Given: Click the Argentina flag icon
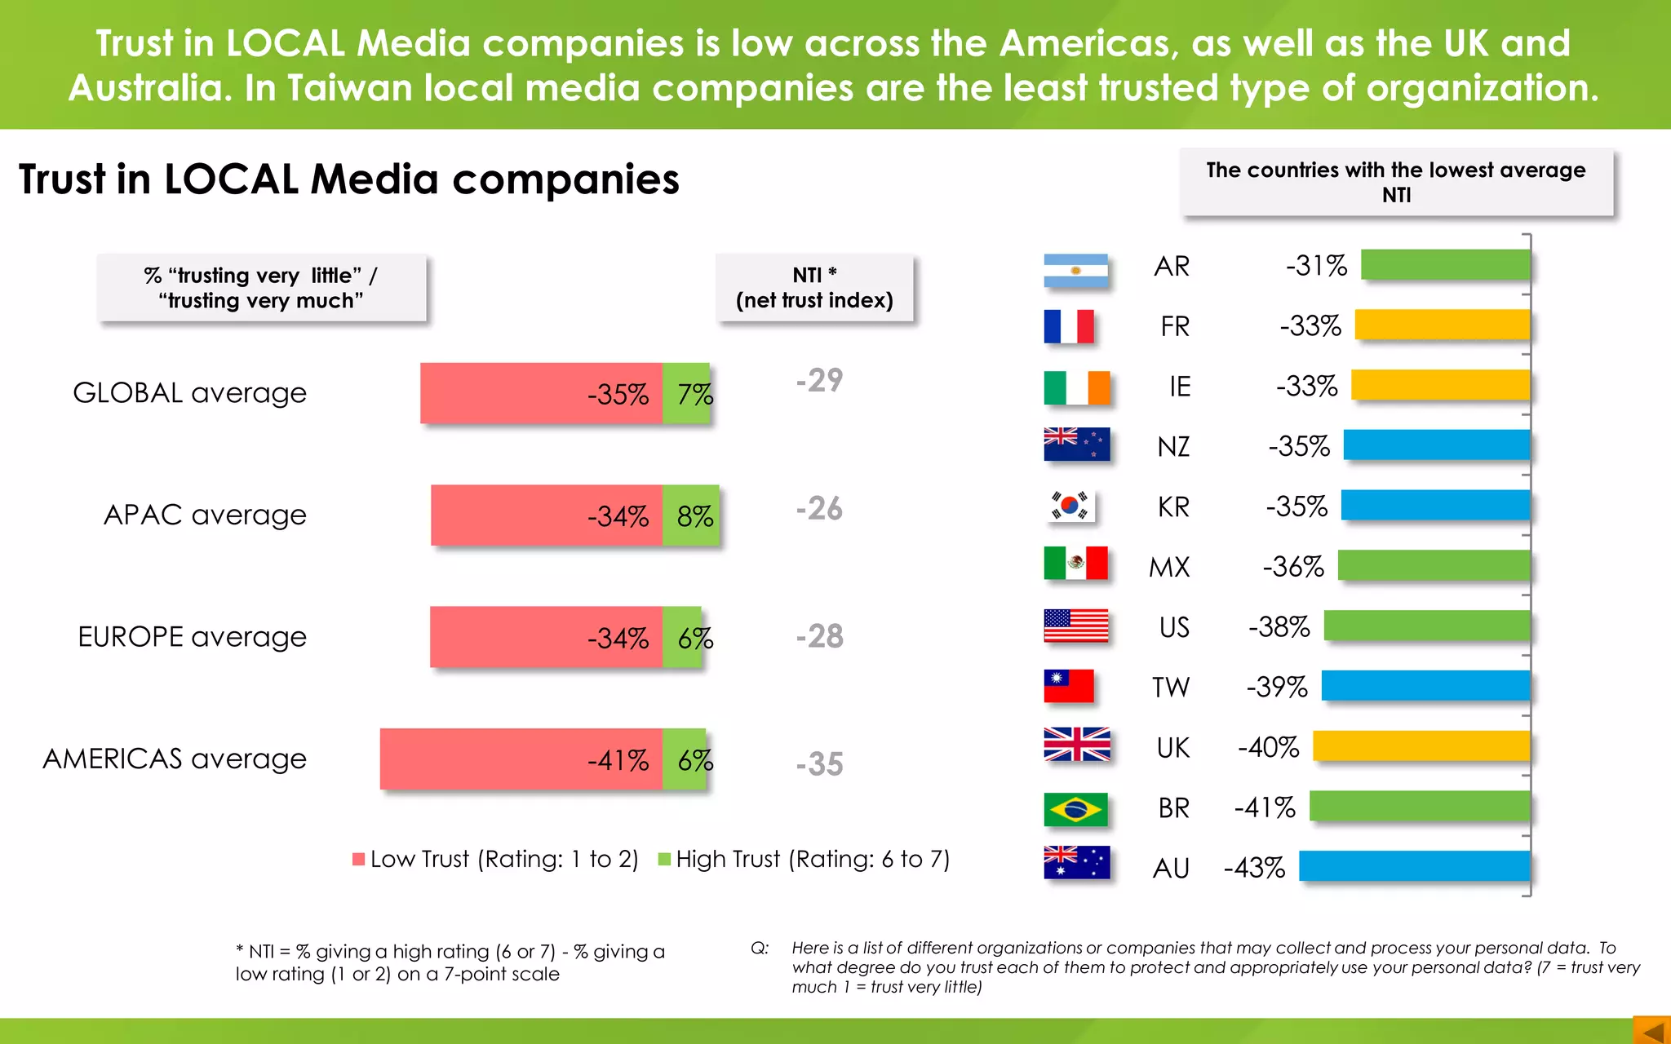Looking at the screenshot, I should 1075,270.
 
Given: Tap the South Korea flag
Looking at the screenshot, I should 1070,506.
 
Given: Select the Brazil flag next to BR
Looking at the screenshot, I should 1075,809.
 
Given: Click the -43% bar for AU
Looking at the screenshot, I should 1414,866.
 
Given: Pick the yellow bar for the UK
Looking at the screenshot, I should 1421,746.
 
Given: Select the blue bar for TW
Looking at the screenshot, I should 1425,686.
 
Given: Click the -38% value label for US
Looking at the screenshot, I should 1279,626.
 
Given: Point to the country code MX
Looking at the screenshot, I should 1169,567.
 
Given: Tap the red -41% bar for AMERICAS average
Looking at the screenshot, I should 521,759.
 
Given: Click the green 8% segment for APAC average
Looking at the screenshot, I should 692,515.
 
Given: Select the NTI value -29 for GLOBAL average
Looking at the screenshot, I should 819,381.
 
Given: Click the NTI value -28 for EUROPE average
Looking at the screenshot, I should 819,636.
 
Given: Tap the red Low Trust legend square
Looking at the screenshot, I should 358,859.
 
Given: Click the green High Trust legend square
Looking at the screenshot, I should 664,859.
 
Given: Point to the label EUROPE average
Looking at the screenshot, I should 192,636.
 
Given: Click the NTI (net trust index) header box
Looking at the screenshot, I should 814,288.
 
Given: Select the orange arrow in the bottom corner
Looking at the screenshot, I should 1652,1031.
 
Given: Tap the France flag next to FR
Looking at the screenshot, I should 1069,326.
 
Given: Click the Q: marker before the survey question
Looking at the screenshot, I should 760,949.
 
